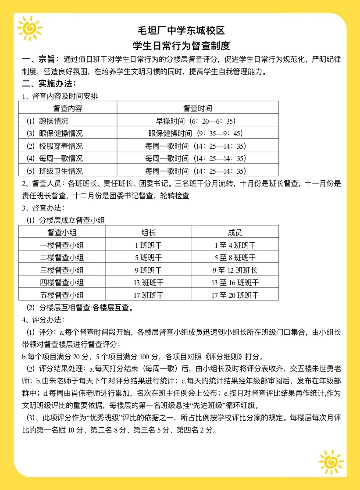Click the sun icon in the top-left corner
30,29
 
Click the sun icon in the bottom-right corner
331,462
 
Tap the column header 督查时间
197,108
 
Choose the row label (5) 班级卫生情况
55,171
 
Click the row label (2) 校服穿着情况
55,146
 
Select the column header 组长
148,232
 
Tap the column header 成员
235,232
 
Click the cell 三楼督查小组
62,270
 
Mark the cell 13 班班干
148,283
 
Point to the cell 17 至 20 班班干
235,295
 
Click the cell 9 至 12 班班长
235,270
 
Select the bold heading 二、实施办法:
49,83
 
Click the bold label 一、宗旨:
41,59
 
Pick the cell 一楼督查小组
62,245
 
